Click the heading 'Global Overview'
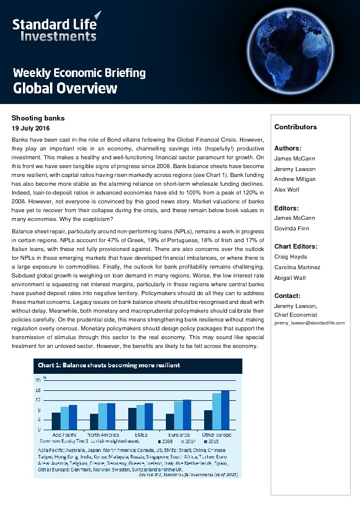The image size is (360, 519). tap(65, 89)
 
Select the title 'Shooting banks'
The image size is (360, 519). tap(38, 118)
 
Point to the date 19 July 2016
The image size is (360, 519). tap(31, 128)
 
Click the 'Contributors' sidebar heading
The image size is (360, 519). tap(295, 127)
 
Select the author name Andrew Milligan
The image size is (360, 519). tap(295, 179)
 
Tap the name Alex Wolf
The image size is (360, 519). tap(286, 189)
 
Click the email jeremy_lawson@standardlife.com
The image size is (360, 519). tap(309, 323)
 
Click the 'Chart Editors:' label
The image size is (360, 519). tap(296, 246)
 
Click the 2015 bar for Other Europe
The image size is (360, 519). tap(225, 410)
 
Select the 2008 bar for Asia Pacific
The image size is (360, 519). tap(56, 421)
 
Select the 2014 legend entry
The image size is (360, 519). tap(188, 441)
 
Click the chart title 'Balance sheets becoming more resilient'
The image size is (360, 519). tap(109, 365)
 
